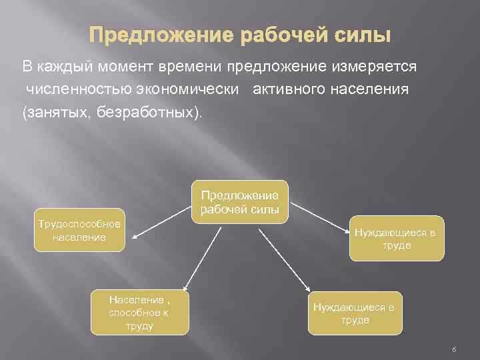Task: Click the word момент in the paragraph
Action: pyautogui.click(x=128, y=67)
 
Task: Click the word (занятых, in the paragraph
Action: pyautogui.click(x=57, y=111)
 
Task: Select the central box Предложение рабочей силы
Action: pyautogui.click(x=239, y=202)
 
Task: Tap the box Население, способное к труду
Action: pyautogui.click(x=139, y=312)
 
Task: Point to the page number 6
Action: pyautogui.click(x=453, y=349)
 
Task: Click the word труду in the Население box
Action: pyautogui.click(x=139, y=326)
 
